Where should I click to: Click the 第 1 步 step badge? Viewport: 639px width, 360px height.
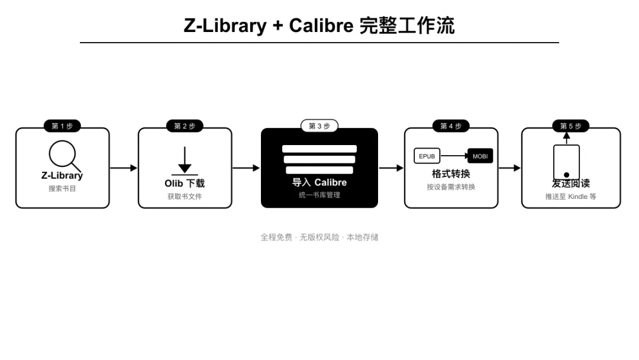(62, 126)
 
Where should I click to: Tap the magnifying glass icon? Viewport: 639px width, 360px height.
(63, 155)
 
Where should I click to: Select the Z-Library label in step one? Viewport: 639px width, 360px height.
(62, 175)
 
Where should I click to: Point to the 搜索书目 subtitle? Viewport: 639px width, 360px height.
(62, 188)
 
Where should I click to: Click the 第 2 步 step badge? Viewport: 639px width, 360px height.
(185, 126)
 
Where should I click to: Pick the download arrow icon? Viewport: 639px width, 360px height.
(185, 160)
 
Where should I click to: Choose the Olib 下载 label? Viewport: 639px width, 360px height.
(185, 184)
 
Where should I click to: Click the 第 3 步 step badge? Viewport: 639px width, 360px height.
(319, 126)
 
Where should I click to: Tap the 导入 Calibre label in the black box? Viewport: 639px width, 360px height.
(319, 182)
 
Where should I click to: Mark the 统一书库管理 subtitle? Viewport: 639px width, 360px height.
(319, 195)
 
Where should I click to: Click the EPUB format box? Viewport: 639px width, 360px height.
(427, 156)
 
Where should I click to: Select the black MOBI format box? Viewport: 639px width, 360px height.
(480, 156)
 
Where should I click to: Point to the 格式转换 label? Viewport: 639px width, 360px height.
(451, 174)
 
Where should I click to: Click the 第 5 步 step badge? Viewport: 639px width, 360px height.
(571, 126)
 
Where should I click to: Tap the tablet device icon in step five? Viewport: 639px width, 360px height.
(566, 162)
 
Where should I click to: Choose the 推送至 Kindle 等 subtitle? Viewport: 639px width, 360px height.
(571, 197)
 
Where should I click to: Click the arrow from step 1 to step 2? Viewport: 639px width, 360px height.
(123, 168)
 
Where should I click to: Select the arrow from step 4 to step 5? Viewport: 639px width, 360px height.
(509, 168)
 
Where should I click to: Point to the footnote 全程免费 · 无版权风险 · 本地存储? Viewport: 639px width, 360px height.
(319, 237)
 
